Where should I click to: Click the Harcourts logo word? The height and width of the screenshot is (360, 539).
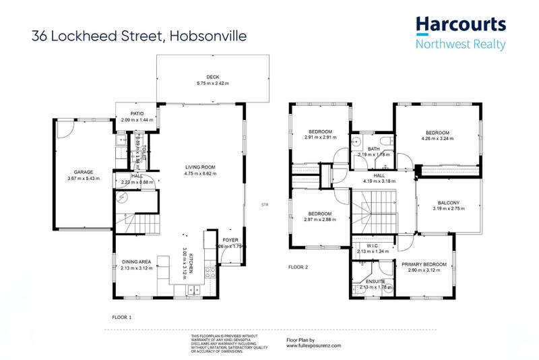(x=461, y=25)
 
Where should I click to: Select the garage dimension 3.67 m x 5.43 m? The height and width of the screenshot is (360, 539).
(x=84, y=179)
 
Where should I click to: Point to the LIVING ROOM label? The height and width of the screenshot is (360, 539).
(x=200, y=167)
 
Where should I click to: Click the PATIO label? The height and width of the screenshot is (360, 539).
(x=137, y=113)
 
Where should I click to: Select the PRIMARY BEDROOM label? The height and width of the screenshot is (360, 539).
(x=424, y=264)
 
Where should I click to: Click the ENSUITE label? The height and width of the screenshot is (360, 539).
(x=373, y=281)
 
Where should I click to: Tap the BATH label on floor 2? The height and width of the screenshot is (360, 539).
(x=374, y=149)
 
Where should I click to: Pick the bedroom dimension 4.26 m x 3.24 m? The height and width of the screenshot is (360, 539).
(x=437, y=138)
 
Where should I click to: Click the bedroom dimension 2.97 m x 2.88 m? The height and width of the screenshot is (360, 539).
(x=320, y=220)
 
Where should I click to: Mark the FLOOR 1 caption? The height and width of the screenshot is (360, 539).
(x=121, y=316)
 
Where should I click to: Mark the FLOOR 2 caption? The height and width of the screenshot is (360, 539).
(x=298, y=267)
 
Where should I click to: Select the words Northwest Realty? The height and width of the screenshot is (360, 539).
(x=460, y=45)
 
